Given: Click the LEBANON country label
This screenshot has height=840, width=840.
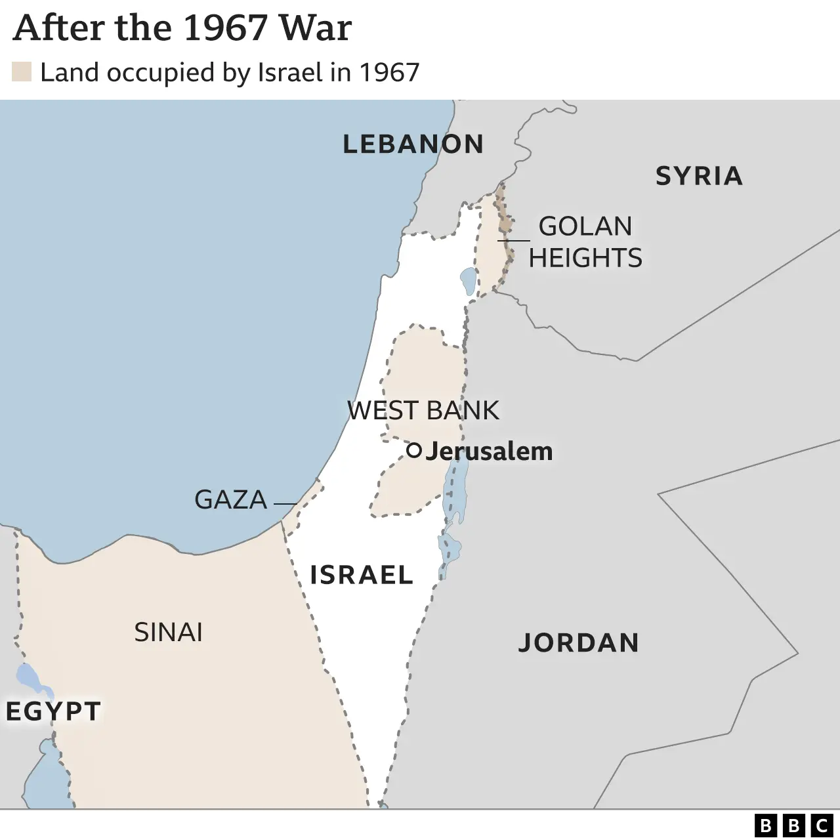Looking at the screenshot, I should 413,144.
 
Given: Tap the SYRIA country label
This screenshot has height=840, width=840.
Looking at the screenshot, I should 699,176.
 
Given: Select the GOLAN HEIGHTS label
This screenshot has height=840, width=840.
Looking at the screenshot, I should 585,241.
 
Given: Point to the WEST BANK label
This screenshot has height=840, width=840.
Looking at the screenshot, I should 423,410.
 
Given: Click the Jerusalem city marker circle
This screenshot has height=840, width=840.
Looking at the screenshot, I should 413,450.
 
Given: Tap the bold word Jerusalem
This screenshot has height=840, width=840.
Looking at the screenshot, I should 489,451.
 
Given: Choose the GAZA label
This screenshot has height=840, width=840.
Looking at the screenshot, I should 230,500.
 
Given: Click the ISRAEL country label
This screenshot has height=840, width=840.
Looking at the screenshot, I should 361,575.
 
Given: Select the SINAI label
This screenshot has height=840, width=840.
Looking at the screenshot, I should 168,632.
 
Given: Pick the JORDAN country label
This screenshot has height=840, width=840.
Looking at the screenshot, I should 578,642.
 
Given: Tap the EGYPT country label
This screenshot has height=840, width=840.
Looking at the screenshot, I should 53,711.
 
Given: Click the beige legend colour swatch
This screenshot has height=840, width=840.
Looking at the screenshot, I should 22,72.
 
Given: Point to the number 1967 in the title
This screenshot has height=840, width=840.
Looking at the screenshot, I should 224,28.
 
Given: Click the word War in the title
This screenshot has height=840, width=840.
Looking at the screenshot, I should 315,28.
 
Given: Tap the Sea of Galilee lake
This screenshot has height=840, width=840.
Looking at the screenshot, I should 468,281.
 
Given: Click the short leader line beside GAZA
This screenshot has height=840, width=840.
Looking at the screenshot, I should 285,503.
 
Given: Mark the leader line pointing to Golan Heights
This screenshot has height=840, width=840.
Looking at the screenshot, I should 514,240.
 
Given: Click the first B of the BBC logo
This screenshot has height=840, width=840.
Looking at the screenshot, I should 765,825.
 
